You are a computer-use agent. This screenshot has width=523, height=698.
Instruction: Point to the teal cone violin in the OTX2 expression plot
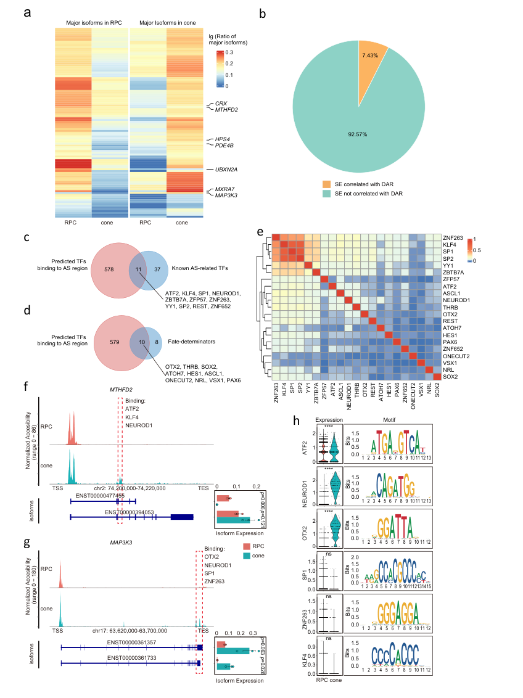tap(335, 532)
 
